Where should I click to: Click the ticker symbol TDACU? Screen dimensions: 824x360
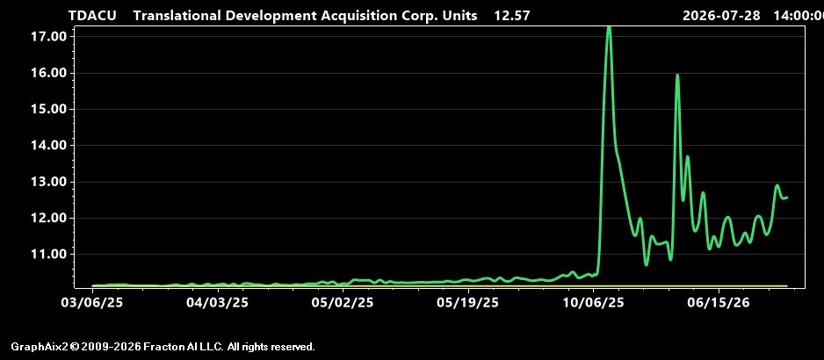click(x=92, y=16)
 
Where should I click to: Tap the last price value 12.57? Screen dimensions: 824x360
click(x=512, y=16)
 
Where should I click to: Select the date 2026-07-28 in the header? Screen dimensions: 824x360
click(x=721, y=16)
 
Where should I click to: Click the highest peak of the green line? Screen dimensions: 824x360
click(x=609, y=27)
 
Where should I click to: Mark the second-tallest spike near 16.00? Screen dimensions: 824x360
click(x=677, y=76)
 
